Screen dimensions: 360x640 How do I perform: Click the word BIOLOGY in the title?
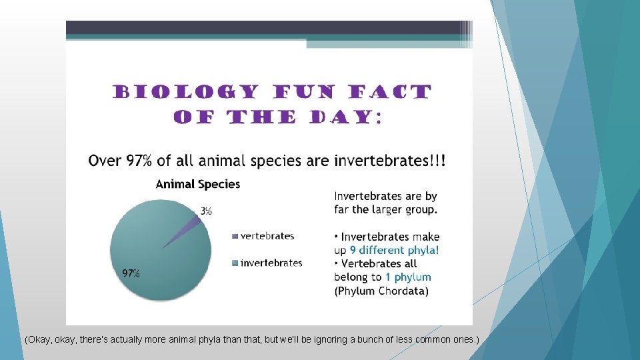coord(185,92)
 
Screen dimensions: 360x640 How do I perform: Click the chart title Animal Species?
coord(197,184)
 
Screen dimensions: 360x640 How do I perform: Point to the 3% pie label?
coord(207,211)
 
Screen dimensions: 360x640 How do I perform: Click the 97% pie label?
coord(131,273)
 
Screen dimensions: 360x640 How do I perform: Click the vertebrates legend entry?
coord(267,236)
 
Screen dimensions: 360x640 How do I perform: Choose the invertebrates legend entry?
coord(271,263)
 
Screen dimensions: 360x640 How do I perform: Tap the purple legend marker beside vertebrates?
coord(235,237)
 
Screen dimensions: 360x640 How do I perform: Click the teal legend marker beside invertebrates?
coord(235,264)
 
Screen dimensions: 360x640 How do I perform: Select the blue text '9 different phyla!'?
coord(394,251)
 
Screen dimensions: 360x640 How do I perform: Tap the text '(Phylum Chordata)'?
coord(381,291)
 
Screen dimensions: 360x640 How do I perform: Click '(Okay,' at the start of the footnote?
coord(38,340)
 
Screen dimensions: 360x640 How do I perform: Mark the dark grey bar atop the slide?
coord(267,27)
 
